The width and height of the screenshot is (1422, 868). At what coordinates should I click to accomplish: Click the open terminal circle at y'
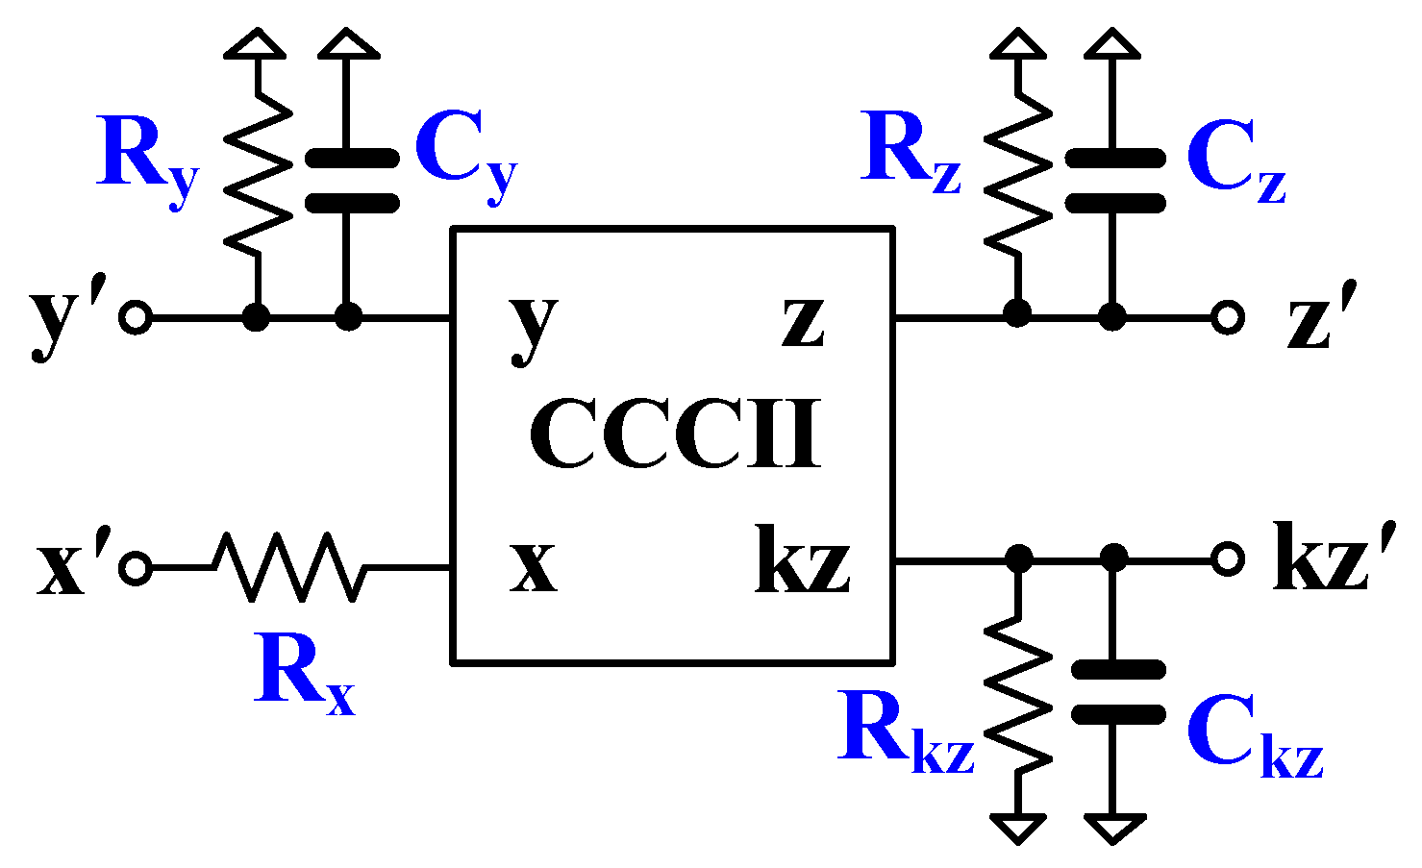coord(136,316)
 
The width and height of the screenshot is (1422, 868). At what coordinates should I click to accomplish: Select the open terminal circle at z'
coord(1227,316)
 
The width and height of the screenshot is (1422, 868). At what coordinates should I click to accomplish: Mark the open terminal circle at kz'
coord(1227,558)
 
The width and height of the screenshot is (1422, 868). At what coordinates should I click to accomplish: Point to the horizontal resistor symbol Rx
coord(289,568)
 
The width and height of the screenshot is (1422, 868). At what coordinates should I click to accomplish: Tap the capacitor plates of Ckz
coord(1116,691)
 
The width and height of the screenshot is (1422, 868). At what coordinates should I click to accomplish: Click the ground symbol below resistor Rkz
coord(1018,828)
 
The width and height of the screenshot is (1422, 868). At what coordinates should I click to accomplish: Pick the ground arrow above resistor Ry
coord(256,43)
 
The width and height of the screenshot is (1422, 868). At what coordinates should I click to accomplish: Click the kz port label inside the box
coord(803,559)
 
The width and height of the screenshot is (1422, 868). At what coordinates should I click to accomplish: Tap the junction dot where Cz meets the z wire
coord(1112,314)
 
